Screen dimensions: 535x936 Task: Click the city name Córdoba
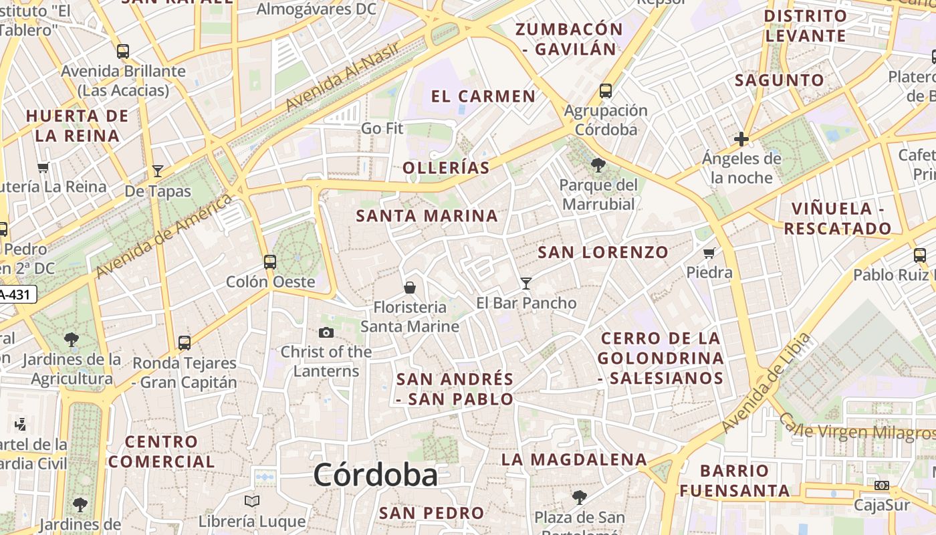(x=375, y=475)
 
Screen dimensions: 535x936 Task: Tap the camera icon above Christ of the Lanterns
(x=326, y=332)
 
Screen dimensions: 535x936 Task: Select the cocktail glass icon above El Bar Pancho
(x=526, y=284)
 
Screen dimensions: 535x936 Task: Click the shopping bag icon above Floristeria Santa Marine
(x=410, y=288)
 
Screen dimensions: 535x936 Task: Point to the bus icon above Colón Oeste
(x=270, y=261)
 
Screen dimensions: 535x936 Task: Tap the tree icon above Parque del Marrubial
(x=598, y=165)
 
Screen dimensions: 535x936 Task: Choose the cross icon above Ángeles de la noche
(x=741, y=139)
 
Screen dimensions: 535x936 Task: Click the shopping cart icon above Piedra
(x=709, y=253)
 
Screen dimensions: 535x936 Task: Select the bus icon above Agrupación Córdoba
(x=606, y=90)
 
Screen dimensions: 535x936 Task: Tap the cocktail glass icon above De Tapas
(x=158, y=171)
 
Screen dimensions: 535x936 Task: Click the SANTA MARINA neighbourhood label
(x=427, y=216)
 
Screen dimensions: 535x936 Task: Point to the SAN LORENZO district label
(x=603, y=252)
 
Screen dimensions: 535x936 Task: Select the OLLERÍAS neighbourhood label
(x=447, y=168)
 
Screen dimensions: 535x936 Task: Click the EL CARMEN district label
(x=483, y=96)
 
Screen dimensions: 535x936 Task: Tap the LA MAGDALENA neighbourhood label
(x=574, y=459)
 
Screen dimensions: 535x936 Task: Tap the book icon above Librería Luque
(x=252, y=501)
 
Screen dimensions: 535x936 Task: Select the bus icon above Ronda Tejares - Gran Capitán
(x=185, y=343)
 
